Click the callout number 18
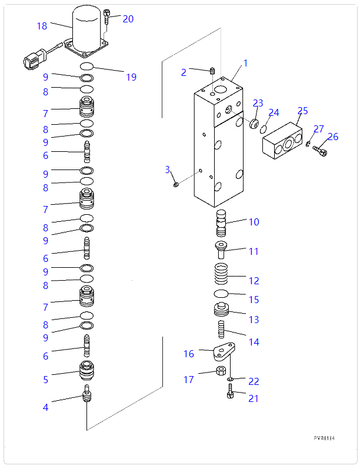pyautogui.click(x=42, y=26)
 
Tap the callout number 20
pyautogui.click(x=128, y=19)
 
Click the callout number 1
pyautogui.click(x=245, y=63)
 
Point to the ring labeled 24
pyautogui.click(x=264, y=128)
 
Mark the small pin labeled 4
pyautogui.click(x=87, y=394)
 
